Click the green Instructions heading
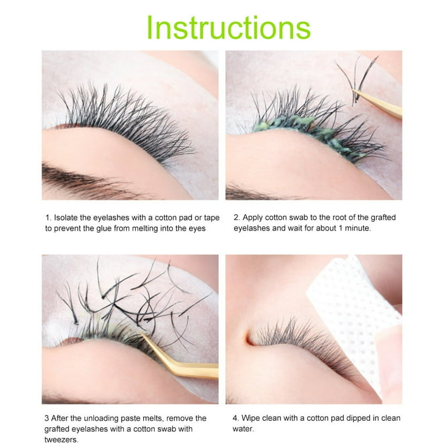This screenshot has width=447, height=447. pyautogui.click(x=228, y=27)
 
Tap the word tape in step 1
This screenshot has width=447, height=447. pyautogui.click(x=210, y=218)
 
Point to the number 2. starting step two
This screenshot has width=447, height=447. pyautogui.click(x=237, y=218)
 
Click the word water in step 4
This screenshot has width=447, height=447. pyautogui.click(x=245, y=430)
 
